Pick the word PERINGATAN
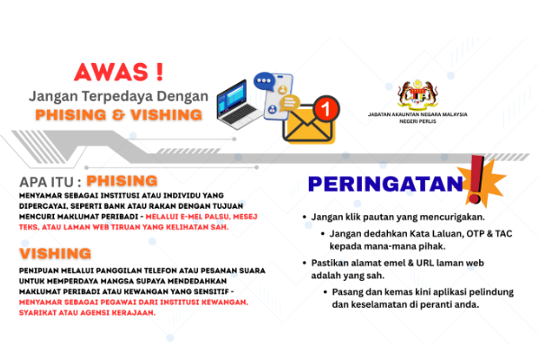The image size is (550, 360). point(380,184)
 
